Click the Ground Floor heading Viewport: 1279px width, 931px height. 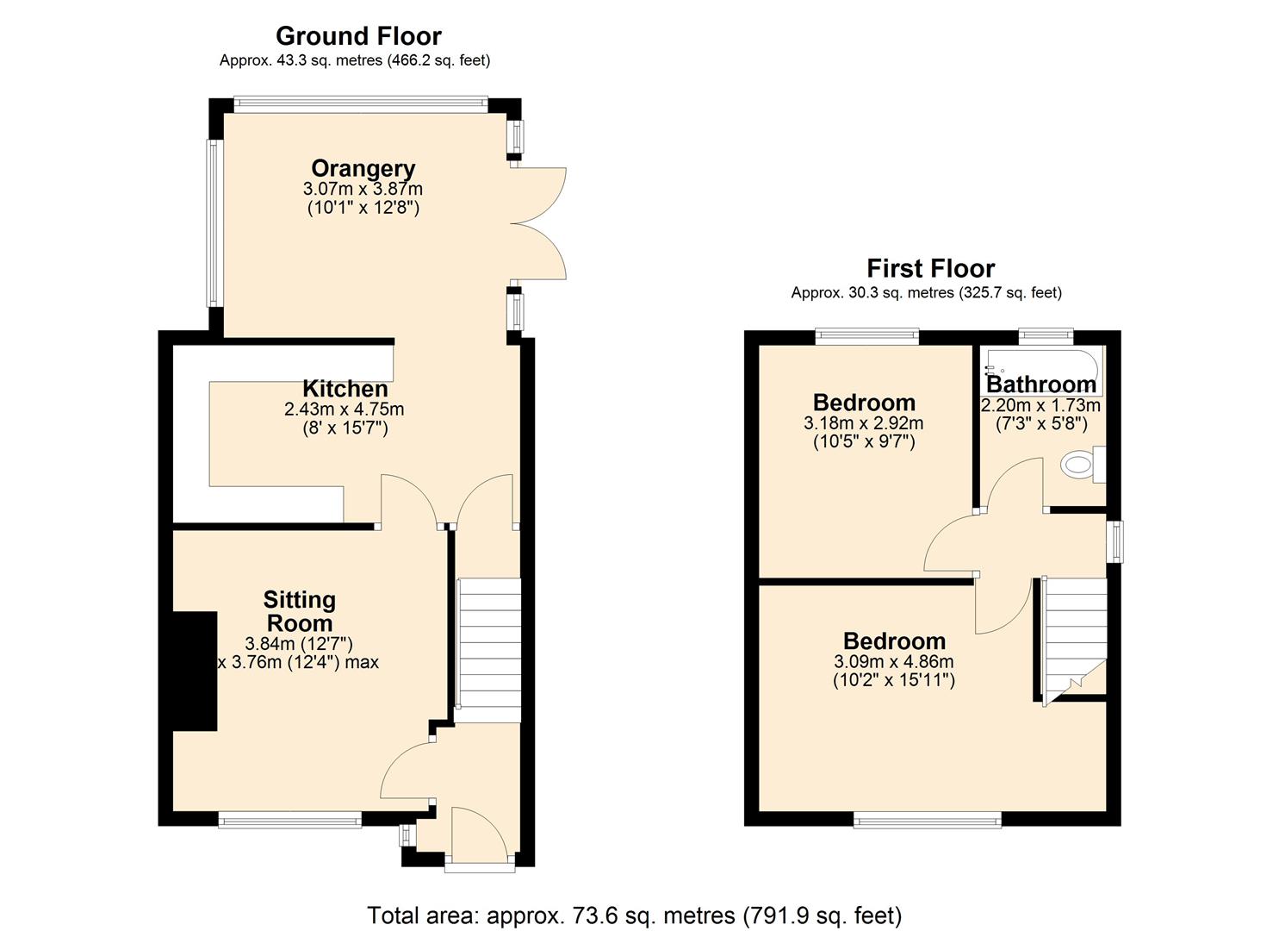[358, 36]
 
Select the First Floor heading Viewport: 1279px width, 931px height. [930, 268]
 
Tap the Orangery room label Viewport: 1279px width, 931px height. [363, 168]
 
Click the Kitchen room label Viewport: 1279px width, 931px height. [345, 389]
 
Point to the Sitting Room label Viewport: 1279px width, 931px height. [299, 611]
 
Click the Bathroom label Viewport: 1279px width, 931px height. [1040, 384]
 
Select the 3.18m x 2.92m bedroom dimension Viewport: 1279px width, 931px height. [863, 423]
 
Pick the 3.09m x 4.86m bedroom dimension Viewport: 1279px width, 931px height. [893, 662]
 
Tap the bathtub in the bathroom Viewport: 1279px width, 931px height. [1043, 362]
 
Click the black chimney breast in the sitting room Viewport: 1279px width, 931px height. [195, 672]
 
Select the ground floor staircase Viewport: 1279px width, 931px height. [487, 650]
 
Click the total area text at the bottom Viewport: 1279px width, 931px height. [634, 915]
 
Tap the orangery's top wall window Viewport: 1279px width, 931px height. [359, 105]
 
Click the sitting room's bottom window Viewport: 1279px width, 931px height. [289, 820]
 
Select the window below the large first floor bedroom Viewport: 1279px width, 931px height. [927, 820]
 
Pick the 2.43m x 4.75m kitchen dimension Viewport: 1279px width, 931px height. [344, 409]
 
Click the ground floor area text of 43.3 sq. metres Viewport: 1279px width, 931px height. [354, 60]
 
